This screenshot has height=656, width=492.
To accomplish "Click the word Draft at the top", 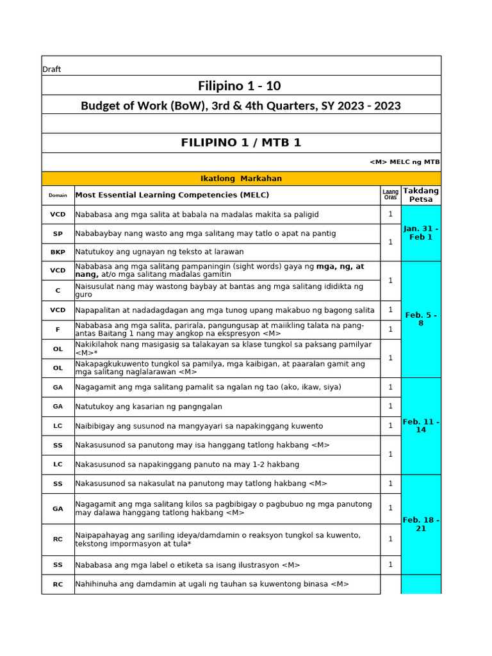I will tap(51, 69).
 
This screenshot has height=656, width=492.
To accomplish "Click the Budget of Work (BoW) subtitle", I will tap(241, 106).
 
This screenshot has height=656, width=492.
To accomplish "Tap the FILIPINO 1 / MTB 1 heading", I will tap(241, 143).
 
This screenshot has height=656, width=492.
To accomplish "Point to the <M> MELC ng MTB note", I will tap(404, 162).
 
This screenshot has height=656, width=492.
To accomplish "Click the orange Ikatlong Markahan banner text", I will tap(241, 179).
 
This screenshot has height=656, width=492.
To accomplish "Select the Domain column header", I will tap(58, 195).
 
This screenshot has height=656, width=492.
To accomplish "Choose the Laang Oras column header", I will tap(390, 195).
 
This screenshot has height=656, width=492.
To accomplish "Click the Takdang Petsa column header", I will tap(421, 195).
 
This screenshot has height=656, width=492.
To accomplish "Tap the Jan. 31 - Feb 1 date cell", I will tap(421, 233).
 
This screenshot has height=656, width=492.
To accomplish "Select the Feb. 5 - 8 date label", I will tap(421, 319).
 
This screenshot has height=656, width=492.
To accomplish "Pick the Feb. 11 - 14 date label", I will tap(421, 425).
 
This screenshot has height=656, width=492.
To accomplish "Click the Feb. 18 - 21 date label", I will tap(421, 524).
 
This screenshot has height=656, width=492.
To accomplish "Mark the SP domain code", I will tap(58, 234).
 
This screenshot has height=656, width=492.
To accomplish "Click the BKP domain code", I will tap(58, 252).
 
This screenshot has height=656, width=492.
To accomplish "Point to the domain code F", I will tap(58, 329).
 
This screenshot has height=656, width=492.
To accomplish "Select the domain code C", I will tap(58, 290).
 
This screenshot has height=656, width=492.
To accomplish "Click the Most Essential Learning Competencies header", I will tap(172, 195).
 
